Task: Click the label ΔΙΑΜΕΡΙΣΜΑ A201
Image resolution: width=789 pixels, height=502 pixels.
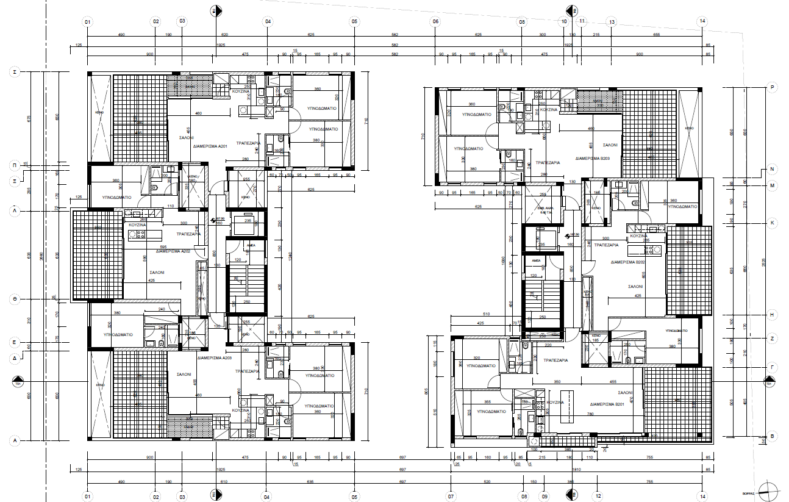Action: (x=210, y=147)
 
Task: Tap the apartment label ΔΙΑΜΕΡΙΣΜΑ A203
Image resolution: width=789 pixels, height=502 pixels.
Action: (x=218, y=358)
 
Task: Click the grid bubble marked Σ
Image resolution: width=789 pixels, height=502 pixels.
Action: (x=14, y=72)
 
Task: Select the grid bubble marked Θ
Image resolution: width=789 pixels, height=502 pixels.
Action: (x=14, y=299)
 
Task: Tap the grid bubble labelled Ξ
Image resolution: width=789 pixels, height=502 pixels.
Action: (x=14, y=181)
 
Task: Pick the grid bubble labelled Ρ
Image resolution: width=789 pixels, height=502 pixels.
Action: (x=772, y=88)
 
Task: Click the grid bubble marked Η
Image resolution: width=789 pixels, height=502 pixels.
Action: (x=772, y=315)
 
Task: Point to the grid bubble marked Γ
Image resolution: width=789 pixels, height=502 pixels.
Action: (x=772, y=368)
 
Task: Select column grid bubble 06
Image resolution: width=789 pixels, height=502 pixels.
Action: (x=435, y=21)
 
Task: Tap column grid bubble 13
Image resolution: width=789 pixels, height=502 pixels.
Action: (x=612, y=21)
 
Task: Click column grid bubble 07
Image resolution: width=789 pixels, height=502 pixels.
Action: (x=452, y=496)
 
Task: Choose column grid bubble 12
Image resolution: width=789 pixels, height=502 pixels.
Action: (x=598, y=496)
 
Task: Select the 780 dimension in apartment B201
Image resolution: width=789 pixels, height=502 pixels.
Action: (x=590, y=414)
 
